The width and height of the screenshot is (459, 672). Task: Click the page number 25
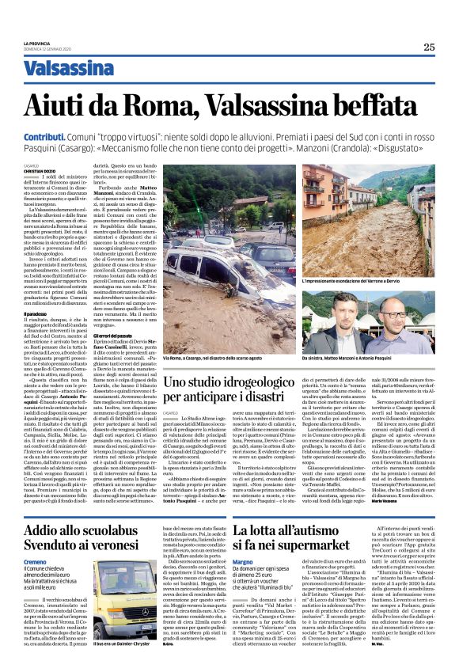pos(428,47)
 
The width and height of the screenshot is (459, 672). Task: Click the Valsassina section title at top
pos(68,70)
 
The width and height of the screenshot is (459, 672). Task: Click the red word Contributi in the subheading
pos(41,137)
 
